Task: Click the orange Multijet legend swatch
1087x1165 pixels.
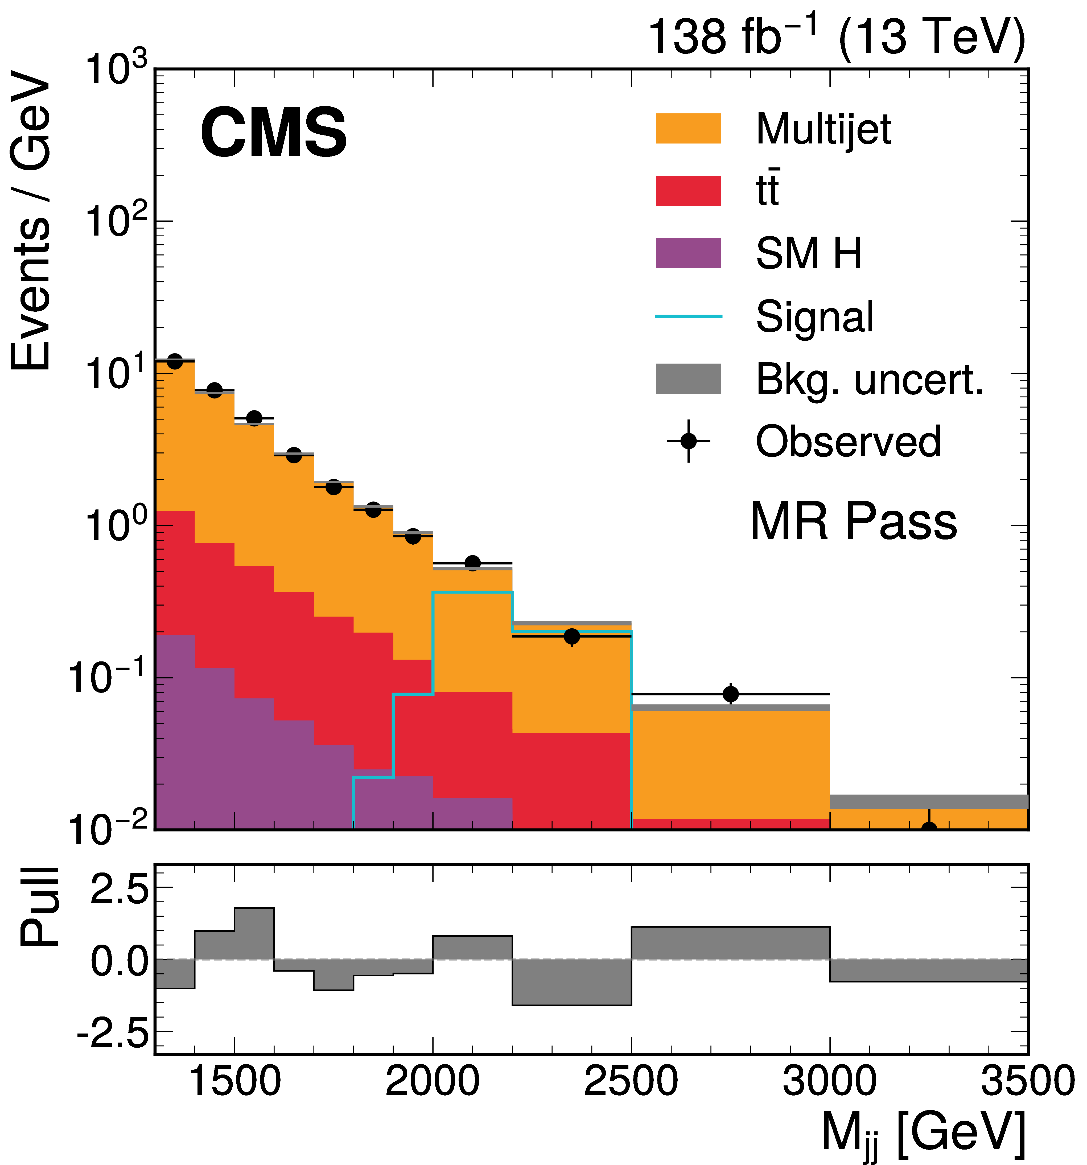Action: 688,128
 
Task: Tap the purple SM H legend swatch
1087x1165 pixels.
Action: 688,253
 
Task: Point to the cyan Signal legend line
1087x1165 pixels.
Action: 688,316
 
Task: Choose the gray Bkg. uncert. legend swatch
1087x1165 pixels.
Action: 688,378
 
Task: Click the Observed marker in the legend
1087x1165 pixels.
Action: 688,441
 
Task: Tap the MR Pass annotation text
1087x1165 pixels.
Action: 853,521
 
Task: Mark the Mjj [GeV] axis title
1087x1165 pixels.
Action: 923,1134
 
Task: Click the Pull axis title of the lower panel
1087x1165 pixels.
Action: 40,906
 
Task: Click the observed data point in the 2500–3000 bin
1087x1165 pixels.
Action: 730,694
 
